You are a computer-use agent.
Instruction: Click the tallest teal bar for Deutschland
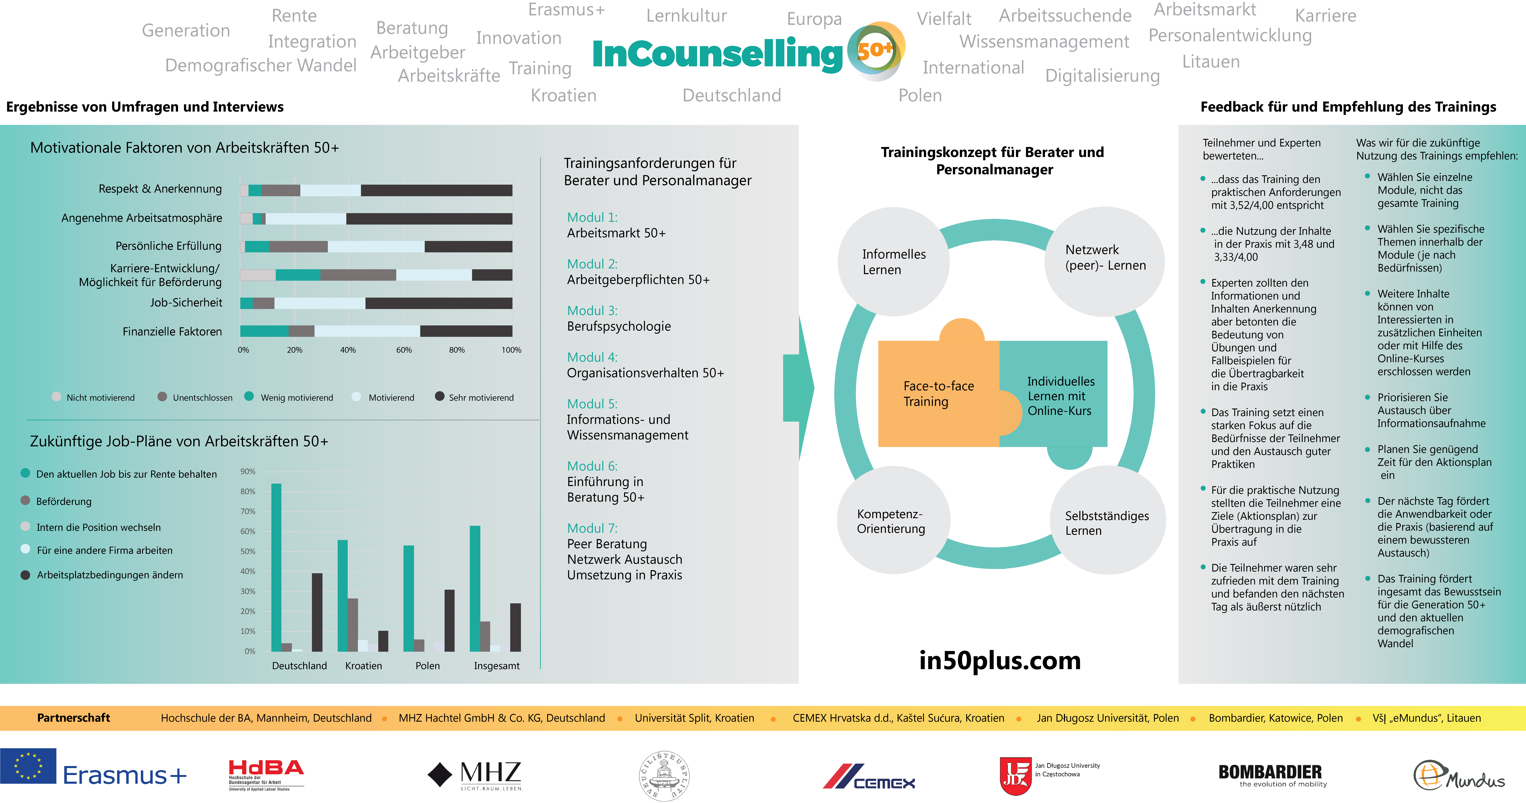point(276,567)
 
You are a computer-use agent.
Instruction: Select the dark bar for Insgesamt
point(515,627)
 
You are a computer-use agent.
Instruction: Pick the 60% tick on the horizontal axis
point(404,350)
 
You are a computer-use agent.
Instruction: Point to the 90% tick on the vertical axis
point(248,471)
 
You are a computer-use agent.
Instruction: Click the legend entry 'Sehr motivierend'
point(474,397)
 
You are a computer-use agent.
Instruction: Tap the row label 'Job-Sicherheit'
point(186,302)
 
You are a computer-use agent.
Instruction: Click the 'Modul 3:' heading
point(592,311)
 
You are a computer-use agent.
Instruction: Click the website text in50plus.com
point(1000,660)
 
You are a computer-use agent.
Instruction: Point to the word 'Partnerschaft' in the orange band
point(73,718)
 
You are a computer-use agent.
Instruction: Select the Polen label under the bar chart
point(428,666)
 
